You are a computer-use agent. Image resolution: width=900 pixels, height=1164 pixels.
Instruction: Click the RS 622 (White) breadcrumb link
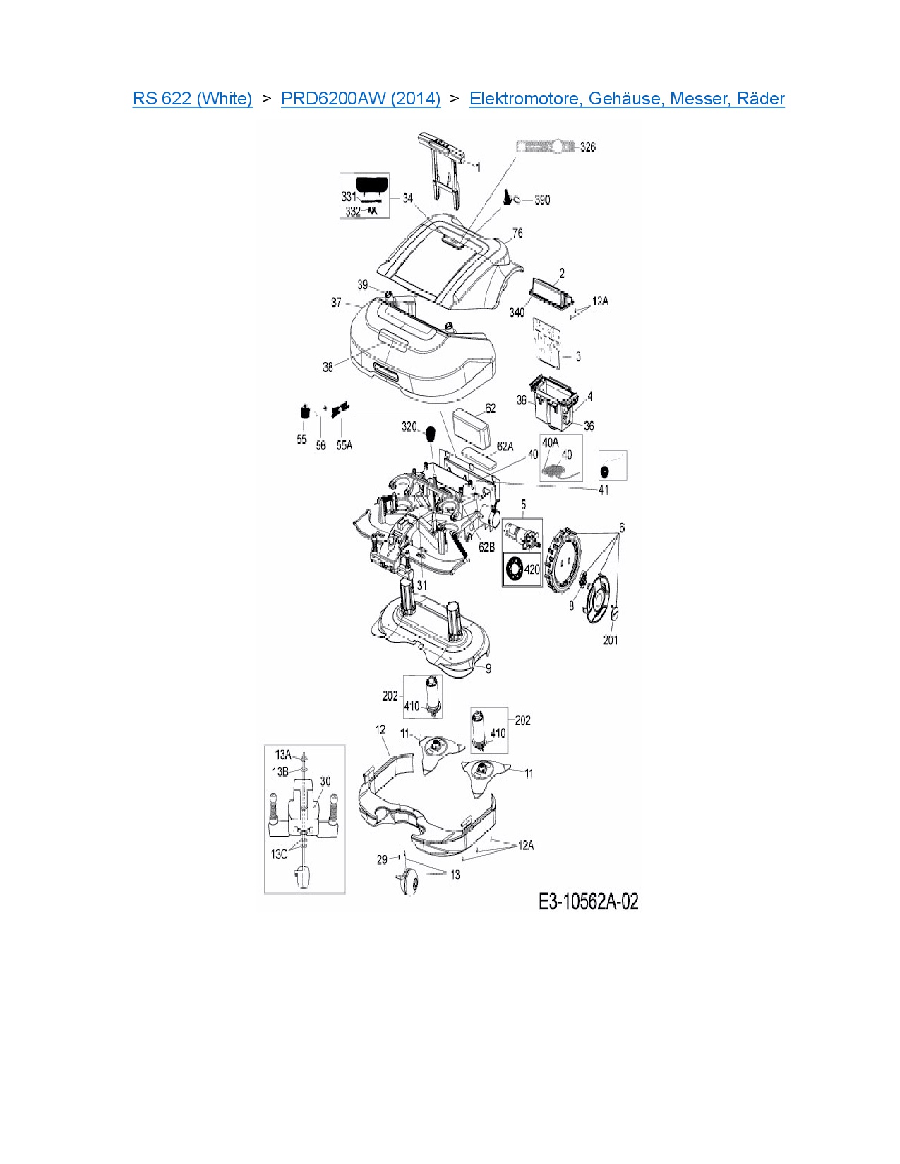(x=192, y=98)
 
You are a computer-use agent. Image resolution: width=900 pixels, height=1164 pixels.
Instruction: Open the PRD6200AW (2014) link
(x=361, y=98)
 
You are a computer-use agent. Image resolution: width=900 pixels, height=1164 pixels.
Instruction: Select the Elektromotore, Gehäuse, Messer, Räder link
(x=627, y=98)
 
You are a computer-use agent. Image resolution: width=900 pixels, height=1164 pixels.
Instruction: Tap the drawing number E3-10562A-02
(x=588, y=901)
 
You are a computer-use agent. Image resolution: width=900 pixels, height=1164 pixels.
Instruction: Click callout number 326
(x=587, y=147)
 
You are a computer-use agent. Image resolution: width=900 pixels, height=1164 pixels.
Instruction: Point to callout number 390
(x=542, y=200)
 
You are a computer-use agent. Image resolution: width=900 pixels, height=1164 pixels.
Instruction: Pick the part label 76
(x=517, y=233)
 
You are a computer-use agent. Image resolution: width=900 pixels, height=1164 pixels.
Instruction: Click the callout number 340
(x=517, y=312)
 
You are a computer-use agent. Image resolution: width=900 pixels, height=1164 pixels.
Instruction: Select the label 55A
(x=344, y=445)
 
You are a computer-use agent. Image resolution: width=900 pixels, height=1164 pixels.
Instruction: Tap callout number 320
(x=409, y=426)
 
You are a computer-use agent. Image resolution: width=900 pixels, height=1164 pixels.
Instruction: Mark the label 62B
(x=486, y=547)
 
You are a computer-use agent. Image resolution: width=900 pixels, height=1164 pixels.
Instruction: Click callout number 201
(x=610, y=640)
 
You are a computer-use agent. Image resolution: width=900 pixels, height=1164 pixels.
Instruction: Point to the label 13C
(x=279, y=854)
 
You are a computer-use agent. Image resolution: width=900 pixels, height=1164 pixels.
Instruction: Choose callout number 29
(x=382, y=859)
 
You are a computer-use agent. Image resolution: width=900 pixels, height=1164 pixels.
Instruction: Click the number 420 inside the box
(x=532, y=569)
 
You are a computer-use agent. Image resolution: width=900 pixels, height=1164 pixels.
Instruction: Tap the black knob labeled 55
(x=304, y=411)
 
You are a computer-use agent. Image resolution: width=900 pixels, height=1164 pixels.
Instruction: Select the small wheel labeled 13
(x=409, y=883)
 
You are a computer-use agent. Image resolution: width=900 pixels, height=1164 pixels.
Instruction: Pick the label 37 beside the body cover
(x=336, y=302)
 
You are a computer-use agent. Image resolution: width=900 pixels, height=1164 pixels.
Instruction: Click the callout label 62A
(x=505, y=446)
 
